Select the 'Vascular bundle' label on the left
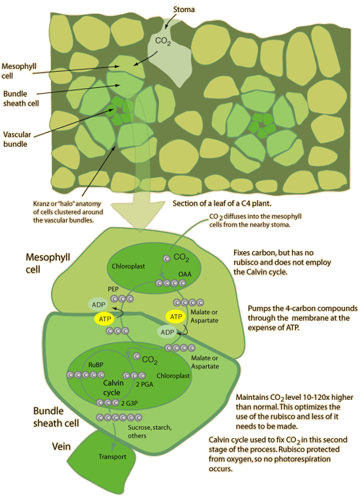click(x=18, y=139)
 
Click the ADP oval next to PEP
click(x=97, y=304)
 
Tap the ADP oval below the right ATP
click(x=167, y=332)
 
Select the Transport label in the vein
click(x=112, y=457)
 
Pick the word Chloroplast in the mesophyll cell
click(x=128, y=264)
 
